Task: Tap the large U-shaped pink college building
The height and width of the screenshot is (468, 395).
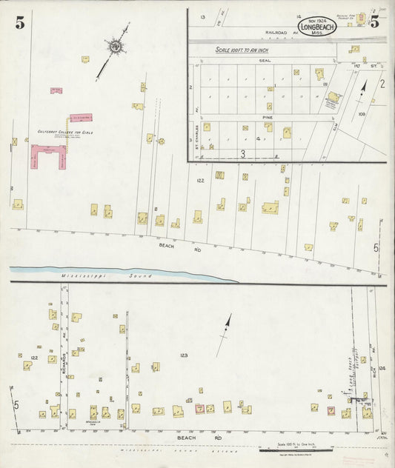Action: [48, 156]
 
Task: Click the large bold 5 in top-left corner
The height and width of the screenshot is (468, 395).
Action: [19, 23]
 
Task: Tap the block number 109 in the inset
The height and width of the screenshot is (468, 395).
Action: [362, 115]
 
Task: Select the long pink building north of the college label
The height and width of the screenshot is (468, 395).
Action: [81, 118]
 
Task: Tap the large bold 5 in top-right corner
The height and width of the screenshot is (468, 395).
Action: [375, 21]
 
